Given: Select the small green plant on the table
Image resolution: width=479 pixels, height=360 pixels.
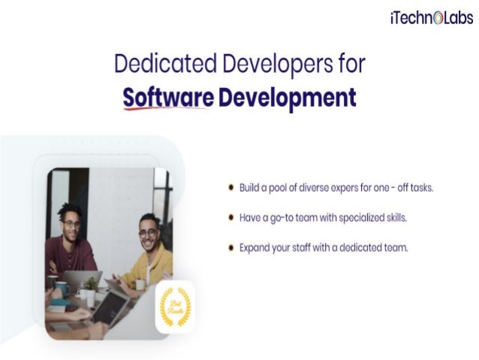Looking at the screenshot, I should [90, 284].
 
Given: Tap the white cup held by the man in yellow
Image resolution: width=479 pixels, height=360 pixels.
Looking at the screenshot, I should [140, 284].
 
